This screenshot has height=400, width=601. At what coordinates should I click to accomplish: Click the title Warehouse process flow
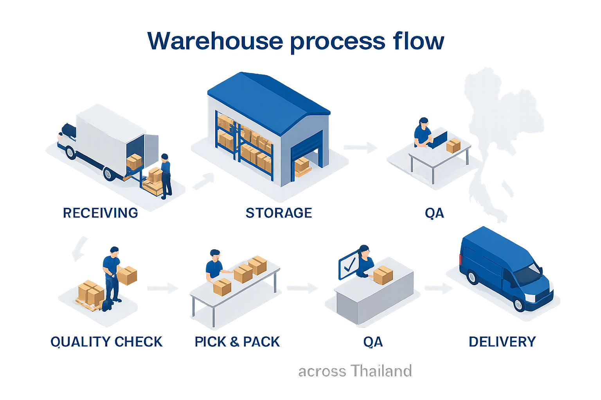point(296,41)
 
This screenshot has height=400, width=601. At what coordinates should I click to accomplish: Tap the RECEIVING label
point(101,213)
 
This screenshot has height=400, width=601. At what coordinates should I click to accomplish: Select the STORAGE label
point(279,213)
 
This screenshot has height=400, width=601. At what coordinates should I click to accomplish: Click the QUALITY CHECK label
point(106,342)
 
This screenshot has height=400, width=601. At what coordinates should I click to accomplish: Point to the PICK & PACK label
point(238,342)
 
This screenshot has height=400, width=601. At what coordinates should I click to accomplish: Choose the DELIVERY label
point(502,342)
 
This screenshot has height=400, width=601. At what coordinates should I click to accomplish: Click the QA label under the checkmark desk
point(373,342)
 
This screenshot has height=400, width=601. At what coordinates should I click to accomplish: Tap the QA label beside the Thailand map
point(434,213)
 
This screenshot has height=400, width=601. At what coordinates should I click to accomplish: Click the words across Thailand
point(354,371)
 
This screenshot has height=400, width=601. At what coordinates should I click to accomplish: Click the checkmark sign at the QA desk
point(348,266)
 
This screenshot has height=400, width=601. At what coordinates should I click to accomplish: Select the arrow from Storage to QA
point(360,148)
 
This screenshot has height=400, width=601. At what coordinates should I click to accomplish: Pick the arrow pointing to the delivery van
point(438,288)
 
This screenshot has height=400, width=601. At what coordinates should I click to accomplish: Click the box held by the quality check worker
point(128,275)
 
